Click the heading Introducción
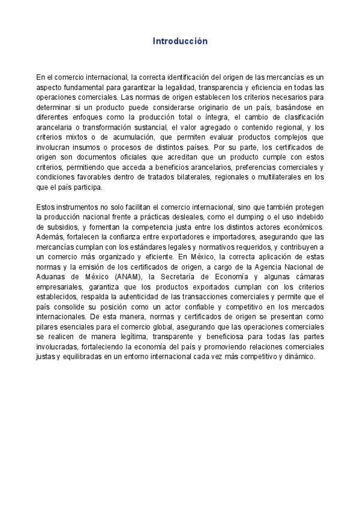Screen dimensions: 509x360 pos(179,41)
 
